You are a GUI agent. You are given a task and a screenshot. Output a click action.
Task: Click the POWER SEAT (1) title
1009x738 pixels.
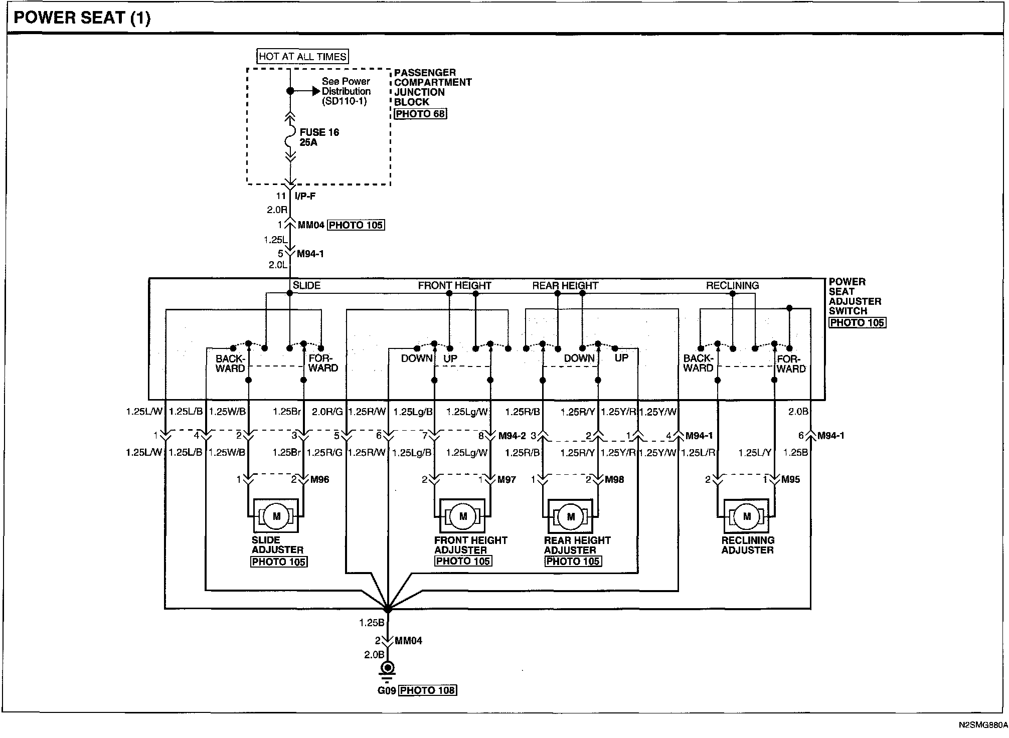[x=82, y=18]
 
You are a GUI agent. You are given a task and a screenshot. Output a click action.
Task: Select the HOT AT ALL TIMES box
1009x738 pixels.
[x=303, y=57]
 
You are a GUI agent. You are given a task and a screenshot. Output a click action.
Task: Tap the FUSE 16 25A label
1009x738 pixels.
[x=319, y=137]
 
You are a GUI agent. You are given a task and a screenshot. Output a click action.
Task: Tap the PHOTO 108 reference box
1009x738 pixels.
[x=428, y=690]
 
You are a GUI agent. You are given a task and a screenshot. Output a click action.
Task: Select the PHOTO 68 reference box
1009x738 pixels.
[x=420, y=114]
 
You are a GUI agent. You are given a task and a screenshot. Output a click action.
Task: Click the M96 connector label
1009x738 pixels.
[x=319, y=480]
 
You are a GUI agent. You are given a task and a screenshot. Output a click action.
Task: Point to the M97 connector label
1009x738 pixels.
[x=507, y=480]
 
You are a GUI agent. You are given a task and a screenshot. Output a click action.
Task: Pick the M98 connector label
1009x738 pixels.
[x=614, y=480]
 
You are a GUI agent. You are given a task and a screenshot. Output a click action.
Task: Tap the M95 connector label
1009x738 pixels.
[x=791, y=480]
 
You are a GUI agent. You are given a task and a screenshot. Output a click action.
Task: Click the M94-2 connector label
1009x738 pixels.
[x=512, y=436]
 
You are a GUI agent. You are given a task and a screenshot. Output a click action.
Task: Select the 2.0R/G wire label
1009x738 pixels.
[x=327, y=412]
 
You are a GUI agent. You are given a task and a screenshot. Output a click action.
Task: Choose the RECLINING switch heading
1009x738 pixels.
[x=732, y=286]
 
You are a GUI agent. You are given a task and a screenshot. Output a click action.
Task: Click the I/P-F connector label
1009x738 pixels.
[x=305, y=196]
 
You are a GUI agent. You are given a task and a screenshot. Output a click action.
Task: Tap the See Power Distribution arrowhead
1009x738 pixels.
[x=316, y=91]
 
